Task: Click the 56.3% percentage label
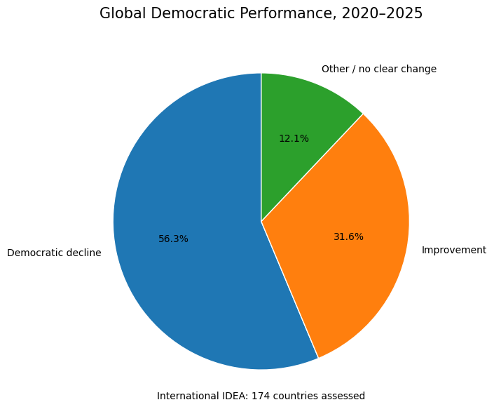pyautogui.click(x=173, y=239)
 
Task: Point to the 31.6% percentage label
pyautogui.click(x=348, y=236)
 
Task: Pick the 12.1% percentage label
pyautogui.click(x=294, y=138)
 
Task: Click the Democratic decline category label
pyautogui.click(x=54, y=253)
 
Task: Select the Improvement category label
pyautogui.click(x=454, y=250)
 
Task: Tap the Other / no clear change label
pyautogui.click(x=379, y=69)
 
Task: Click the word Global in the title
pyautogui.click(x=123, y=13)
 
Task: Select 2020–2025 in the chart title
pyautogui.click(x=382, y=13)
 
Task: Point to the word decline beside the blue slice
pyautogui.click(x=85, y=253)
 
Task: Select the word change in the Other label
pyautogui.click(x=418, y=69)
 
